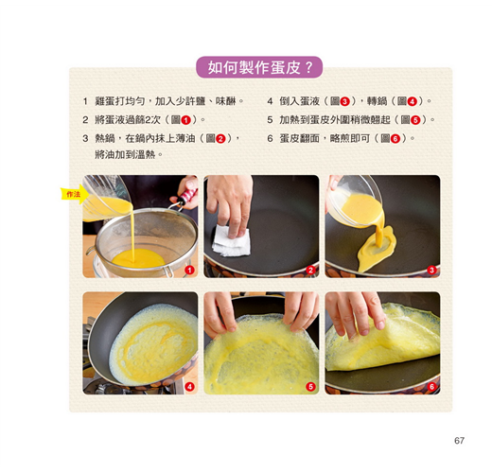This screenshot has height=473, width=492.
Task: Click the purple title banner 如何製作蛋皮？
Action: [x=259, y=67]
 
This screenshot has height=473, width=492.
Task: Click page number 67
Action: [x=459, y=440]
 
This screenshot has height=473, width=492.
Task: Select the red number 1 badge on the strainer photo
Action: [x=189, y=270]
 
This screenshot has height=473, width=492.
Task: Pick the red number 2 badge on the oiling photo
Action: [x=310, y=270]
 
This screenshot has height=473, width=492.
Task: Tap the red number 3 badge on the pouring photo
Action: [x=431, y=270]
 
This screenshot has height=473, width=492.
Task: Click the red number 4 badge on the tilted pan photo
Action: [x=189, y=387]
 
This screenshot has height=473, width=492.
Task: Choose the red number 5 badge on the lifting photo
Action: [x=310, y=387]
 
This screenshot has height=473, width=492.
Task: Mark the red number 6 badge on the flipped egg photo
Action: [x=431, y=387]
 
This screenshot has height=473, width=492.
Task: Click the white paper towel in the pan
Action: [x=232, y=241]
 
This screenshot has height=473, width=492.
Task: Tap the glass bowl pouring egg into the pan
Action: [x=355, y=201]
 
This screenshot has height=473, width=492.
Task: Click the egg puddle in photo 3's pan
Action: [x=377, y=248]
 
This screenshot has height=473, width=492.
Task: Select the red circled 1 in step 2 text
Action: [x=185, y=120]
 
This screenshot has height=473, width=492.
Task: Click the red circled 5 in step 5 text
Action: [x=415, y=120]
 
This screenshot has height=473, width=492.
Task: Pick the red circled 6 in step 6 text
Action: [x=395, y=139]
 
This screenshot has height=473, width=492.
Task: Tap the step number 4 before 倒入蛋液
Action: [x=270, y=101]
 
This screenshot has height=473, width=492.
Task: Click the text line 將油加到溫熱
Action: [x=129, y=155]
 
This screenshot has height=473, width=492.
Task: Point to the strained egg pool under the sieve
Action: [x=138, y=258]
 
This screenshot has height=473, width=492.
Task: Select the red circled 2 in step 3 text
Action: [x=220, y=139]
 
